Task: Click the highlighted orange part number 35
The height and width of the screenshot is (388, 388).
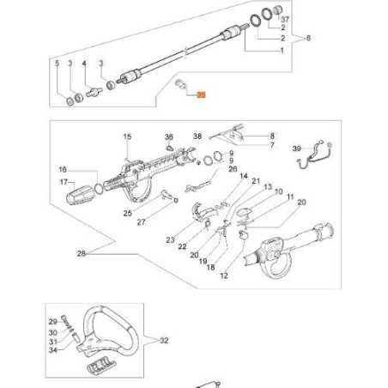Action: [202, 98]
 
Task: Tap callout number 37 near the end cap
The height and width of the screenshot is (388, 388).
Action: [286, 18]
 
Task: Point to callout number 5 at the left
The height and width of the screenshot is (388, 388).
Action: [57, 64]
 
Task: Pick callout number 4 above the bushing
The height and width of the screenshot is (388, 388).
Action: [84, 64]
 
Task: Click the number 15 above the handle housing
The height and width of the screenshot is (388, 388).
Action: [126, 136]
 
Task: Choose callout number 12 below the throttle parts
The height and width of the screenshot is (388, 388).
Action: [224, 276]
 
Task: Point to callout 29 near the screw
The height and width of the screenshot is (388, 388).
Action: [52, 321]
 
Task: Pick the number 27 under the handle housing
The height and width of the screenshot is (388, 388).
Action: [141, 222]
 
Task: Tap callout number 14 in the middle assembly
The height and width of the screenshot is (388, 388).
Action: [243, 177]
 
